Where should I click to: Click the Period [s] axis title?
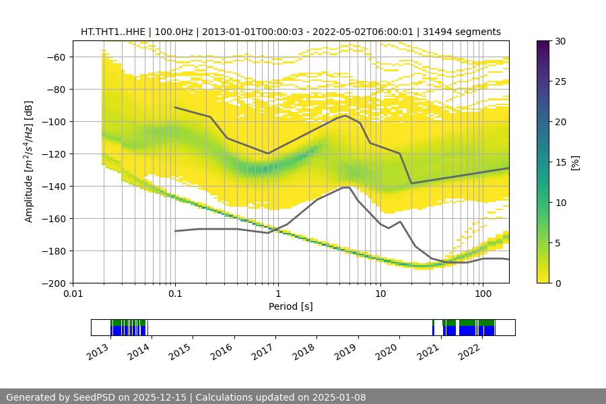(x=291, y=306)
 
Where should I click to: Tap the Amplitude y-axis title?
(x=28, y=162)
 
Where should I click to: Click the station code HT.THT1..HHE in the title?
(x=111, y=32)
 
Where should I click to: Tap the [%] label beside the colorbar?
(x=575, y=162)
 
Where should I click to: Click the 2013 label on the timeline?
(x=98, y=350)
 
